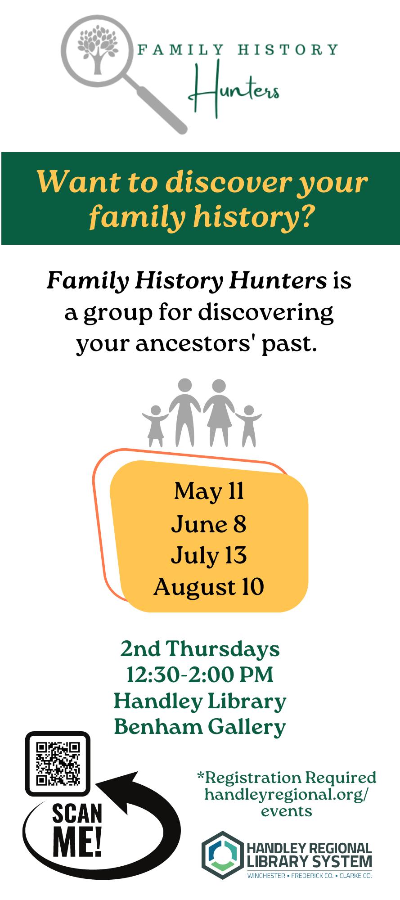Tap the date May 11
(x=209, y=491)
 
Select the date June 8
(x=209, y=524)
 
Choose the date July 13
(x=209, y=555)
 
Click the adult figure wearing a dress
(x=219, y=412)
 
